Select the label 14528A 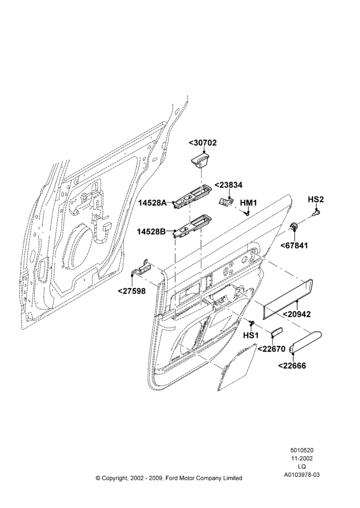(153, 203)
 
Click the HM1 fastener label (249, 203)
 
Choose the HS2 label (316, 200)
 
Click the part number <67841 (294, 245)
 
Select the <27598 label (132, 291)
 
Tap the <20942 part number (297, 314)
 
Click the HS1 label (251, 335)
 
